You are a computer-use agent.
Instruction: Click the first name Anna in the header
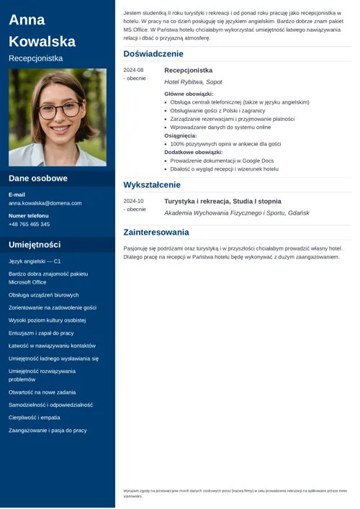27,20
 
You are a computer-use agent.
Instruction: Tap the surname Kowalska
42,41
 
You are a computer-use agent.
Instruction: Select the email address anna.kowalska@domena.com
45,203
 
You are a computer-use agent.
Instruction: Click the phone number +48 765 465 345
29,224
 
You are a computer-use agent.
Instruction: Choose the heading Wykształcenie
152,185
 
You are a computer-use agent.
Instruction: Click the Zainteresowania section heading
156,233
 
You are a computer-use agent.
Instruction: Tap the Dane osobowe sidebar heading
38,179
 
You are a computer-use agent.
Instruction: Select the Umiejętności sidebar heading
35,245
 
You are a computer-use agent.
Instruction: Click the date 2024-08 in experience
133,71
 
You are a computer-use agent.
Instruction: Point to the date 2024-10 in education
133,202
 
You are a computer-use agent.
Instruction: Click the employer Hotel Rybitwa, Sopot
193,82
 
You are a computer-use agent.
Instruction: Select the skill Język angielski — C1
35,261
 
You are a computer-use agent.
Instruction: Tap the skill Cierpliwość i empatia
34,417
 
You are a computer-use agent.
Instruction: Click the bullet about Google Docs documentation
222,161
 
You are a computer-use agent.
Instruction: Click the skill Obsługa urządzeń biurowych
43,295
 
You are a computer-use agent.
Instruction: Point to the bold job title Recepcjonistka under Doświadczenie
188,71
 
